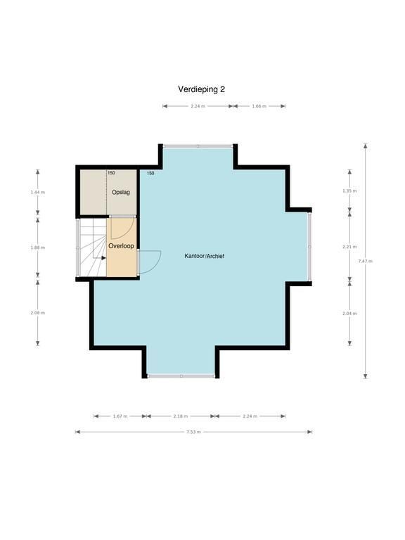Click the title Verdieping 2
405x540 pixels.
coord(202,89)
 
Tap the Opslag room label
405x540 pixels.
coord(121,192)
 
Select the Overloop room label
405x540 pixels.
coord(121,246)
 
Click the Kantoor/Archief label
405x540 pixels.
coord(204,256)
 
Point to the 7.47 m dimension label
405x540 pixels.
coord(366,261)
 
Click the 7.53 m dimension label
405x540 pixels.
coord(193,432)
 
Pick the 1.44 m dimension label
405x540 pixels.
coord(37,192)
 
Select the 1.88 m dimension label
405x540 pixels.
coord(37,247)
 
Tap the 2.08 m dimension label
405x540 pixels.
coord(37,313)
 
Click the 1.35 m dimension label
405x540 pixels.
coord(349,191)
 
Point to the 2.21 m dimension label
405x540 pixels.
coord(349,247)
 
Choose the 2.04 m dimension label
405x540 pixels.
coord(349,314)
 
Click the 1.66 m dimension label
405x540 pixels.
coord(259,106)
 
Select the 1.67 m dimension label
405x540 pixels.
coord(120,416)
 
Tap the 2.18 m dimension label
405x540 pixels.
coord(181,416)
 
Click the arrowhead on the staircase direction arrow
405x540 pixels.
coord(103,257)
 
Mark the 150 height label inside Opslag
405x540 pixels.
coord(111,173)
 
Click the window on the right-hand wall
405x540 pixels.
coord(309,247)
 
